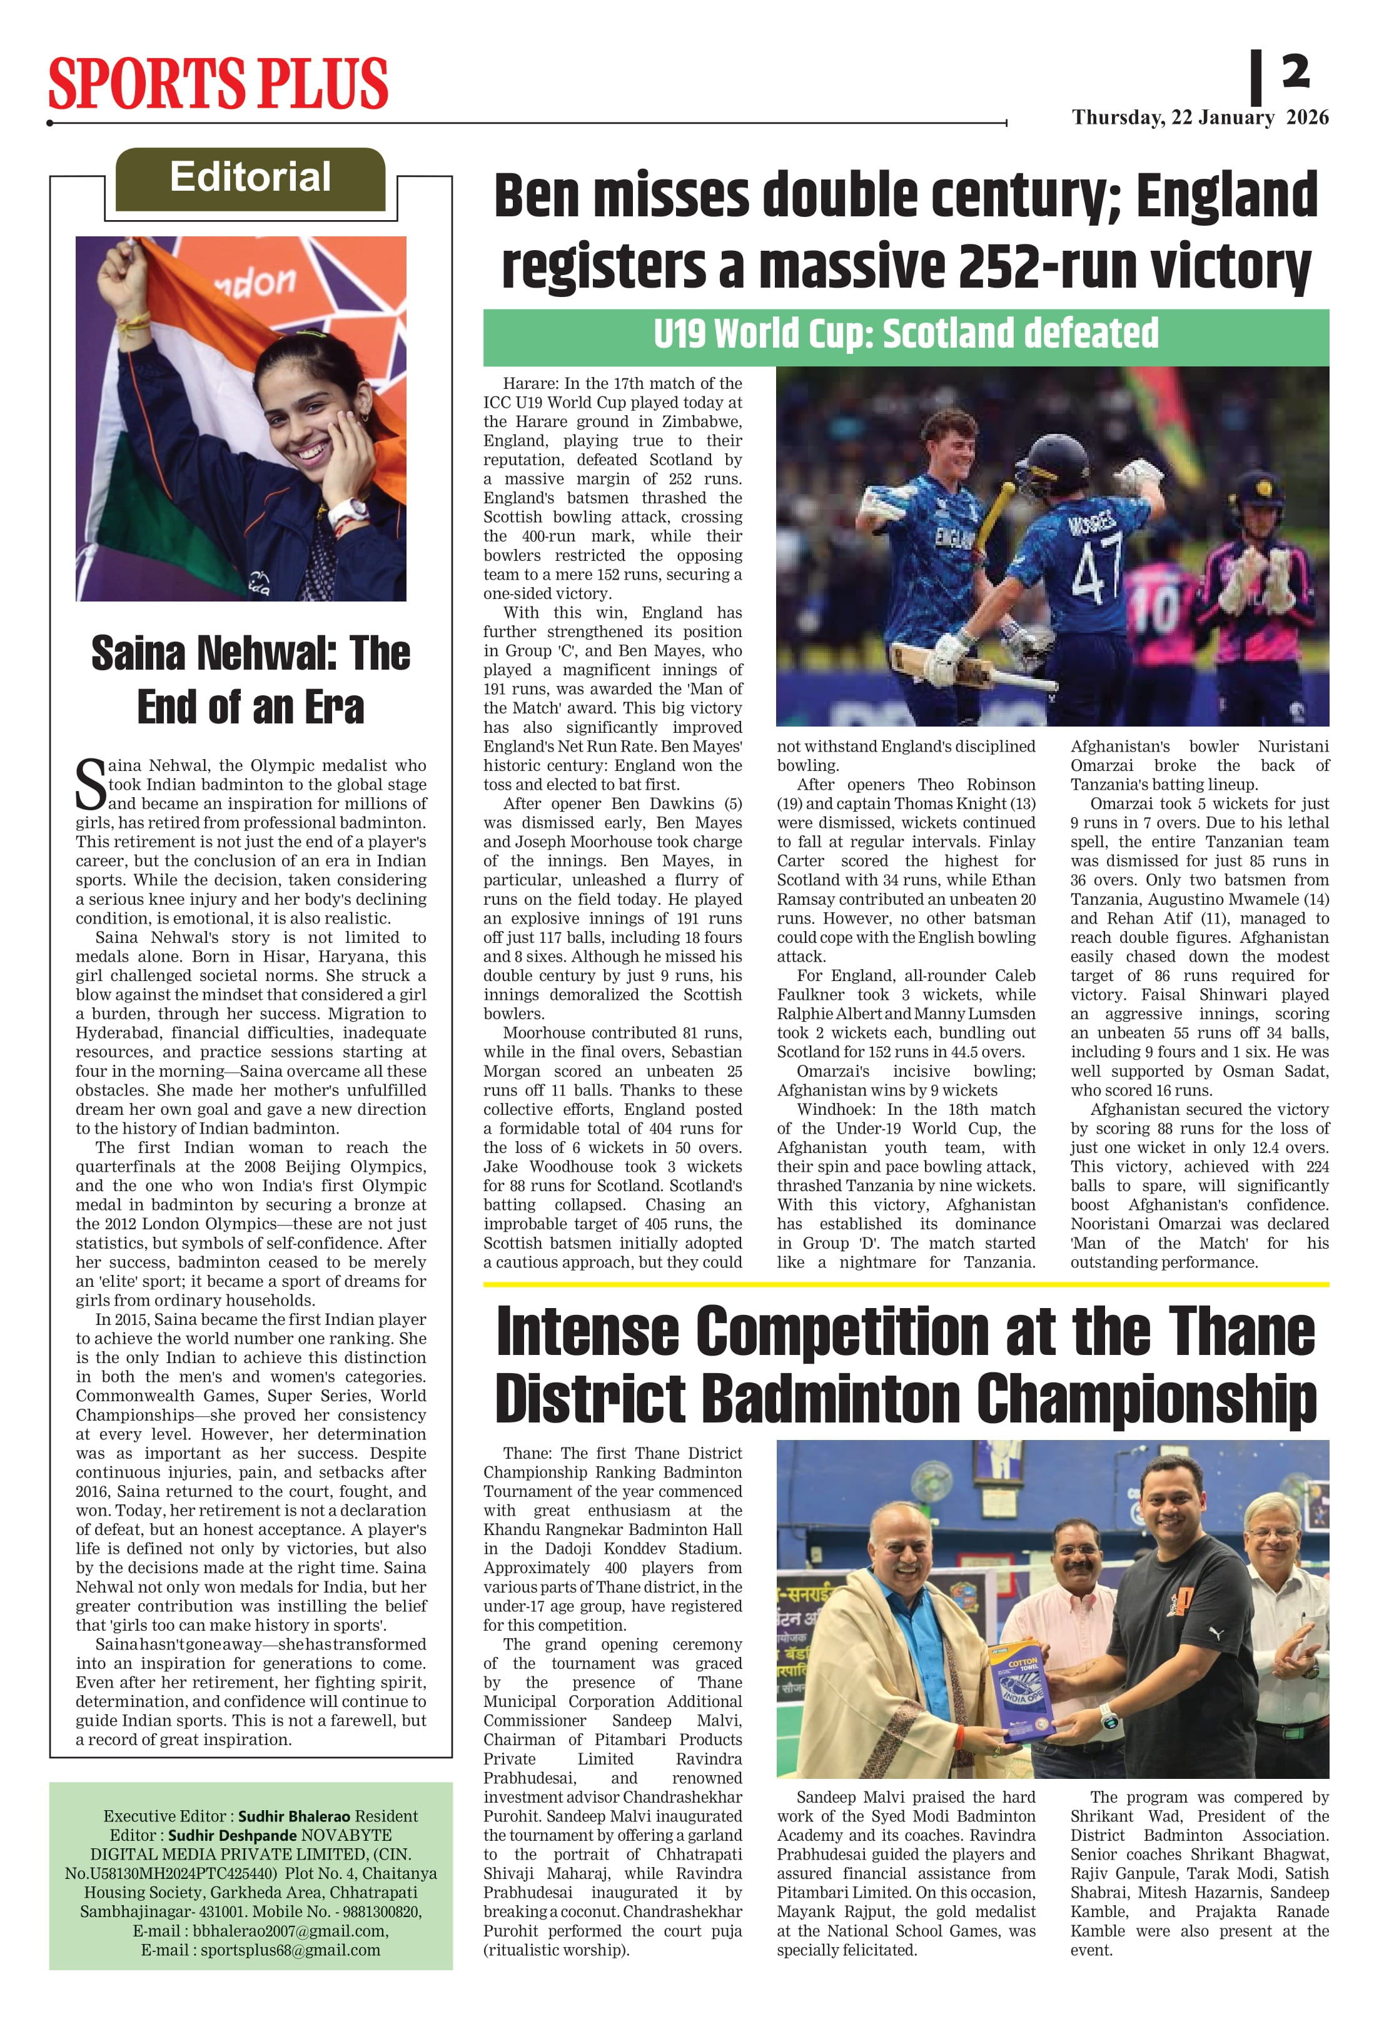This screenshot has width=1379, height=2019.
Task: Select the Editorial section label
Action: pos(250,177)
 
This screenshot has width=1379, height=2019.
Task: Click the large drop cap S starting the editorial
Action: pos(90,785)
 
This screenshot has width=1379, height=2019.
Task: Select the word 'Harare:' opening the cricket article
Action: pos(531,383)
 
